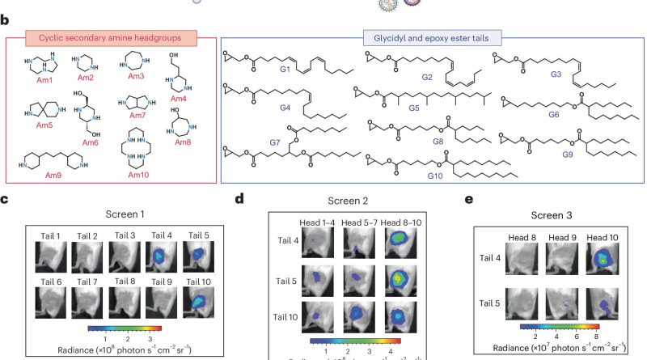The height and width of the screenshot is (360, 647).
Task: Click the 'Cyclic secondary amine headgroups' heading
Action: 110,38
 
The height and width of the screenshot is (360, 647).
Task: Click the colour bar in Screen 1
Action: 125,328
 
